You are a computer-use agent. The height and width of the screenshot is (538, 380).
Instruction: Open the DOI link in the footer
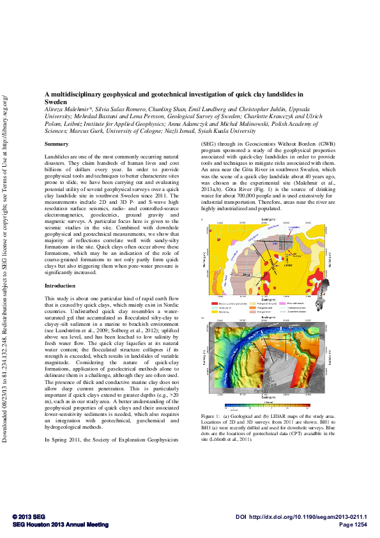[x=305, y=516]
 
